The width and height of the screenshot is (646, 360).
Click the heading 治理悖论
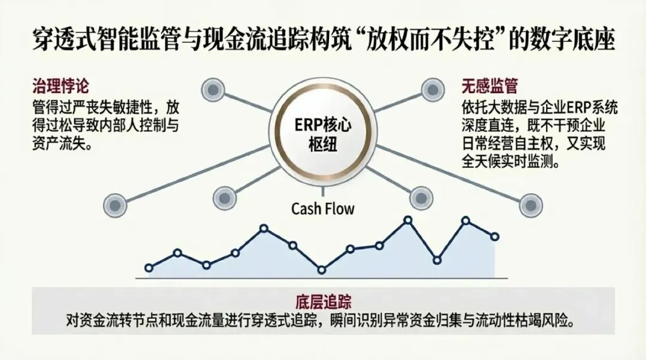pos(60,86)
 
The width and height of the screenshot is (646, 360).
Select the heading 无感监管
pos(489,86)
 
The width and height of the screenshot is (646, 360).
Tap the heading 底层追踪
pos(323,300)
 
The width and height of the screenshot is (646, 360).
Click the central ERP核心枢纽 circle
pos(323,136)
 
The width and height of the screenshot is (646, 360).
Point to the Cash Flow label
pos(323,209)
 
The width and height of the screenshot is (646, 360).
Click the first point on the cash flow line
pos(149,267)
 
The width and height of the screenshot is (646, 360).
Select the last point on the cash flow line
pos(495,236)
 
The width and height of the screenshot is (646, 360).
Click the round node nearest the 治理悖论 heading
pos(212,91)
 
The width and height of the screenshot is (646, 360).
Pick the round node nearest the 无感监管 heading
pos(432,90)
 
